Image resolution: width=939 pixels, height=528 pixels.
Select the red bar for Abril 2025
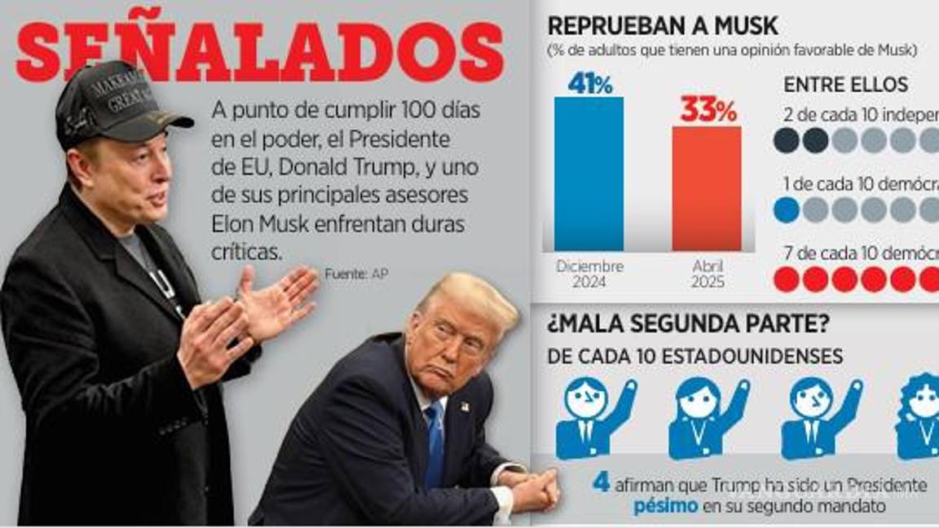click(x=707, y=188)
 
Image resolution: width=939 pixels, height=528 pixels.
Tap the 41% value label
click(x=589, y=82)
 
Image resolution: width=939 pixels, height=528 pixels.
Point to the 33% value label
click(x=708, y=111)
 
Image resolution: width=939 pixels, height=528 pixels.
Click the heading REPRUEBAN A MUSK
click(x=662, y=26)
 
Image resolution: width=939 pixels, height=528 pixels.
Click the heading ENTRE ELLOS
click(x=845, y=85)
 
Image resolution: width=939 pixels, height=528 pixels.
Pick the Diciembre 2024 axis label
click(x=589, y=275)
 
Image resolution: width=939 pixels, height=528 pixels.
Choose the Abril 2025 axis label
click(x=707, y=275)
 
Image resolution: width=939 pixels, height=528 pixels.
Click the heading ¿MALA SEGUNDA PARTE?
click(x=688, y=323)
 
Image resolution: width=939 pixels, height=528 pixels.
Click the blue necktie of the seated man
click(x=434, y=444)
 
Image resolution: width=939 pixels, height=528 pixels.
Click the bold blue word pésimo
click(x=664, y=506)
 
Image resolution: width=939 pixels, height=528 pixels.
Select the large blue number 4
click(x=601, y=482)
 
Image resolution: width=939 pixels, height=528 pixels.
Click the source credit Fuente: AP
click(x=355, y=275)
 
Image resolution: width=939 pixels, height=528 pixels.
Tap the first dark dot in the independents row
click(x=786, y=140)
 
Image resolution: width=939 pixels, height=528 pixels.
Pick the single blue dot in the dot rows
click(x=786, y=210)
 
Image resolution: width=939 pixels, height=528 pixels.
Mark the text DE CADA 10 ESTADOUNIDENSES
click(x=694, y=356)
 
